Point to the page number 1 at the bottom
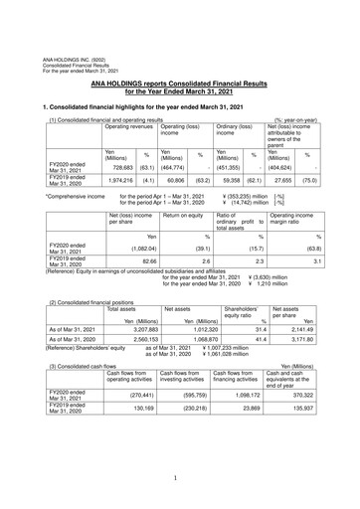pyautogui.click(x=180, y=480)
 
